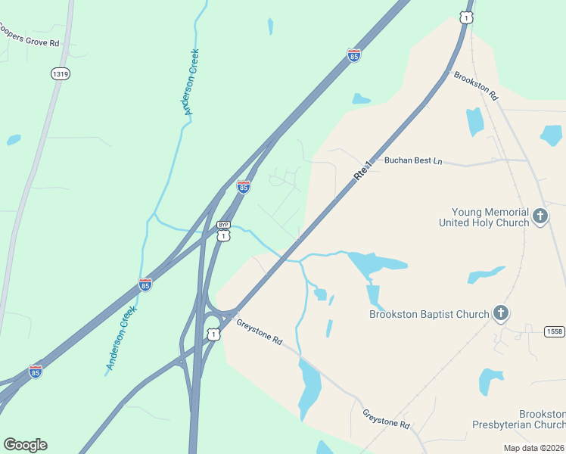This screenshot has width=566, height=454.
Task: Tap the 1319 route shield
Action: (x=61, y=73)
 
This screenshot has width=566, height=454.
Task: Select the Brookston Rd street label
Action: (x=476, y=86)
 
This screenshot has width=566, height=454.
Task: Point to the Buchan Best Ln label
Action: (x=412, y=160)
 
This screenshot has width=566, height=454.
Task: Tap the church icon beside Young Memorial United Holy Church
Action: (x=540, y=216)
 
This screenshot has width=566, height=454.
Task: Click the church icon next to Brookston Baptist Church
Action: (x=499, y=313)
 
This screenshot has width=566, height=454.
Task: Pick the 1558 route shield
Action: (x=555, y=331)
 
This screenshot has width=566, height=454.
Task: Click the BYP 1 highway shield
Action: (x=222, y=231)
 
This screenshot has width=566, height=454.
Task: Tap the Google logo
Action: (x=25, y=445)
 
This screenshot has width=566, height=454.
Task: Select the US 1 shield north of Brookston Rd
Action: (x=466, y=17)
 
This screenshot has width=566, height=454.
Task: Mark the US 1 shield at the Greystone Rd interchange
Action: (x=214, y=334)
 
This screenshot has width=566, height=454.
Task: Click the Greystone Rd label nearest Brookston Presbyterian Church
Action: (x=386, y=419)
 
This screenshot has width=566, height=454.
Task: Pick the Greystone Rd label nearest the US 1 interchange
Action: (x=260, y=332)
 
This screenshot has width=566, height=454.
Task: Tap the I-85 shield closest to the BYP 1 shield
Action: (x=243, y=187)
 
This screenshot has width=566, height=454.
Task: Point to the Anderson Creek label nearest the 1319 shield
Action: (x=188, y=82)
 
